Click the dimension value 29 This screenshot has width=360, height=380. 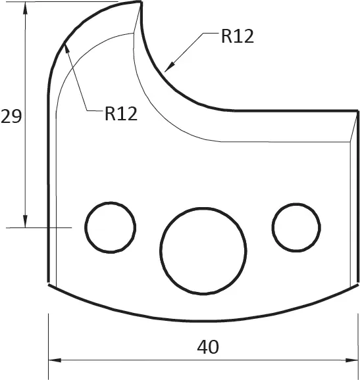tap(11, 116)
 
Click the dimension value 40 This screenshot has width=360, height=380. tap(208, 346)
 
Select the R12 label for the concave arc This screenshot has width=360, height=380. tap(237, 36)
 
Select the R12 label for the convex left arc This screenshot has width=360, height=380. tap(121, 114)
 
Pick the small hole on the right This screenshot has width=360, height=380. tap(296, 227)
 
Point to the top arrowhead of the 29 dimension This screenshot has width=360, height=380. tap(25, 8)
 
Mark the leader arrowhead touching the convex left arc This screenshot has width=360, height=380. tap(67, 49)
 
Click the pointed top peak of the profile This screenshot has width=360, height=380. tap(141, 3)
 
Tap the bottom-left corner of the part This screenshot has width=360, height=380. tap(49, 284)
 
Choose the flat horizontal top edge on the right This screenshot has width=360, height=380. tap(290, 110)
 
